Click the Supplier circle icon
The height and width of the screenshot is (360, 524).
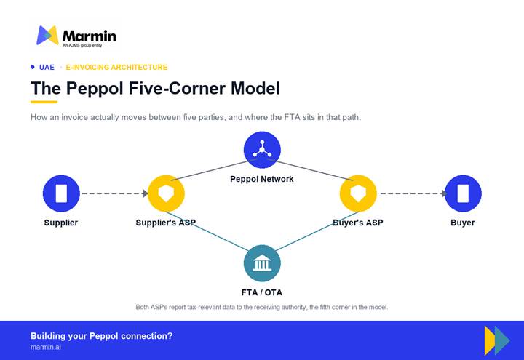[61, 193]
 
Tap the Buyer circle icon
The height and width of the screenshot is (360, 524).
[463, 193]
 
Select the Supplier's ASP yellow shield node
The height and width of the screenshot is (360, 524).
[166, 193]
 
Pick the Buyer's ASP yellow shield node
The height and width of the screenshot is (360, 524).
[358, 193]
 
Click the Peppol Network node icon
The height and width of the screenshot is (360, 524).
[262, 150]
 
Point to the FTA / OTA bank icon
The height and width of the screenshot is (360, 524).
[262, 263]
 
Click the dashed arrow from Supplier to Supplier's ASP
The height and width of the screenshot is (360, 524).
[115, 193]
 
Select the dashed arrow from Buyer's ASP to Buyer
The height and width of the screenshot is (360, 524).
[413, 193]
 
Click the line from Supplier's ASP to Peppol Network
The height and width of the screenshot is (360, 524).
[214, 169]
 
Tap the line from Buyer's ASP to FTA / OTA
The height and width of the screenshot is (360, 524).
[317, 231]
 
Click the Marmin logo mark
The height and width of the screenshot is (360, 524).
[47, 35]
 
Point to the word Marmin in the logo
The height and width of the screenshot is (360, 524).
[90, 36]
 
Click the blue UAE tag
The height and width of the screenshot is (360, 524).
[47, 67]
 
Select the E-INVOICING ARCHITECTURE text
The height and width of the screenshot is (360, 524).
[116, 67]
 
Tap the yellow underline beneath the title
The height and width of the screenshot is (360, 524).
[44, 102]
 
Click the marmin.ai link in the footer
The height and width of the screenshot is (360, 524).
[46, 348]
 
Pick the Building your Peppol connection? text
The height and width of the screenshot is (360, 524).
[101, 336]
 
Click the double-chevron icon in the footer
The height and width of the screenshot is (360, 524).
[497, 340]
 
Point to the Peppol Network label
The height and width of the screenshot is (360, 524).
[262, 179]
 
